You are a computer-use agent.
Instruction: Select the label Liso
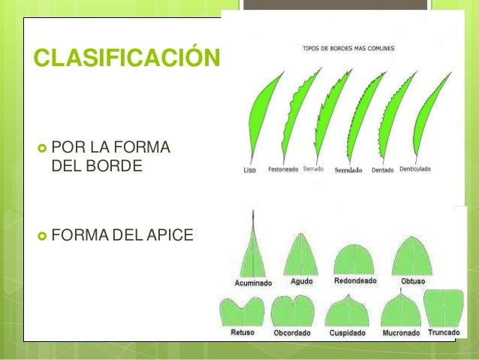(250, 170)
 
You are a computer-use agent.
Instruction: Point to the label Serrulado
(348, 170)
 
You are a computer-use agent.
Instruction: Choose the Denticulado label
(415, 169)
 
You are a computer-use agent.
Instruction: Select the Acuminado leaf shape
(254, 252)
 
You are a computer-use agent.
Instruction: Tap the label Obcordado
(293, 332)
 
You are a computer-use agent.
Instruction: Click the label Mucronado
(401, 331)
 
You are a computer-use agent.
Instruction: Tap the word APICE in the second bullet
(170, 237)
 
